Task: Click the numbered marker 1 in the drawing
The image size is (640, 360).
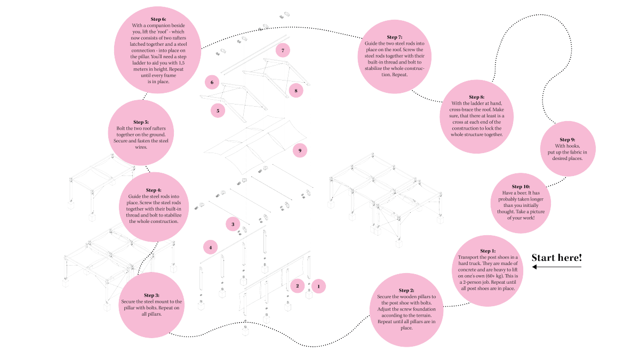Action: point(318,286)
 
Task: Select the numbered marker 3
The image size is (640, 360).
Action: point(233,225)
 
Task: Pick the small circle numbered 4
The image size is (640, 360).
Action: point(211,247)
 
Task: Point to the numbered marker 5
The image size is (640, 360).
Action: point(218,110)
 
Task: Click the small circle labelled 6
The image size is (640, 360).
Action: point(212,82)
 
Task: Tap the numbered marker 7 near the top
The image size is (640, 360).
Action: point(283,50)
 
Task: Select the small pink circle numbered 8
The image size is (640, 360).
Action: point(295,91)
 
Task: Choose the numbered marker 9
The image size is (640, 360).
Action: point(300,151)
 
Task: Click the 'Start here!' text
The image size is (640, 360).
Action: point(557,258)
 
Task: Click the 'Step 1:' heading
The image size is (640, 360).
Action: point(488,251)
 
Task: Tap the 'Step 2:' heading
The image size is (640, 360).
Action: point(406,290)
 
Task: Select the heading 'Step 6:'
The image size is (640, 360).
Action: point(159,19)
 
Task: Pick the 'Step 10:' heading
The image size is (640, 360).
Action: point(521,186)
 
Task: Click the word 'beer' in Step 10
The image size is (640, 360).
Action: point(522,192)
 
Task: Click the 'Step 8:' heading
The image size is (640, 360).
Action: point(476,97)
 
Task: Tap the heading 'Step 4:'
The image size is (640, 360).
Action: point(154,190)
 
